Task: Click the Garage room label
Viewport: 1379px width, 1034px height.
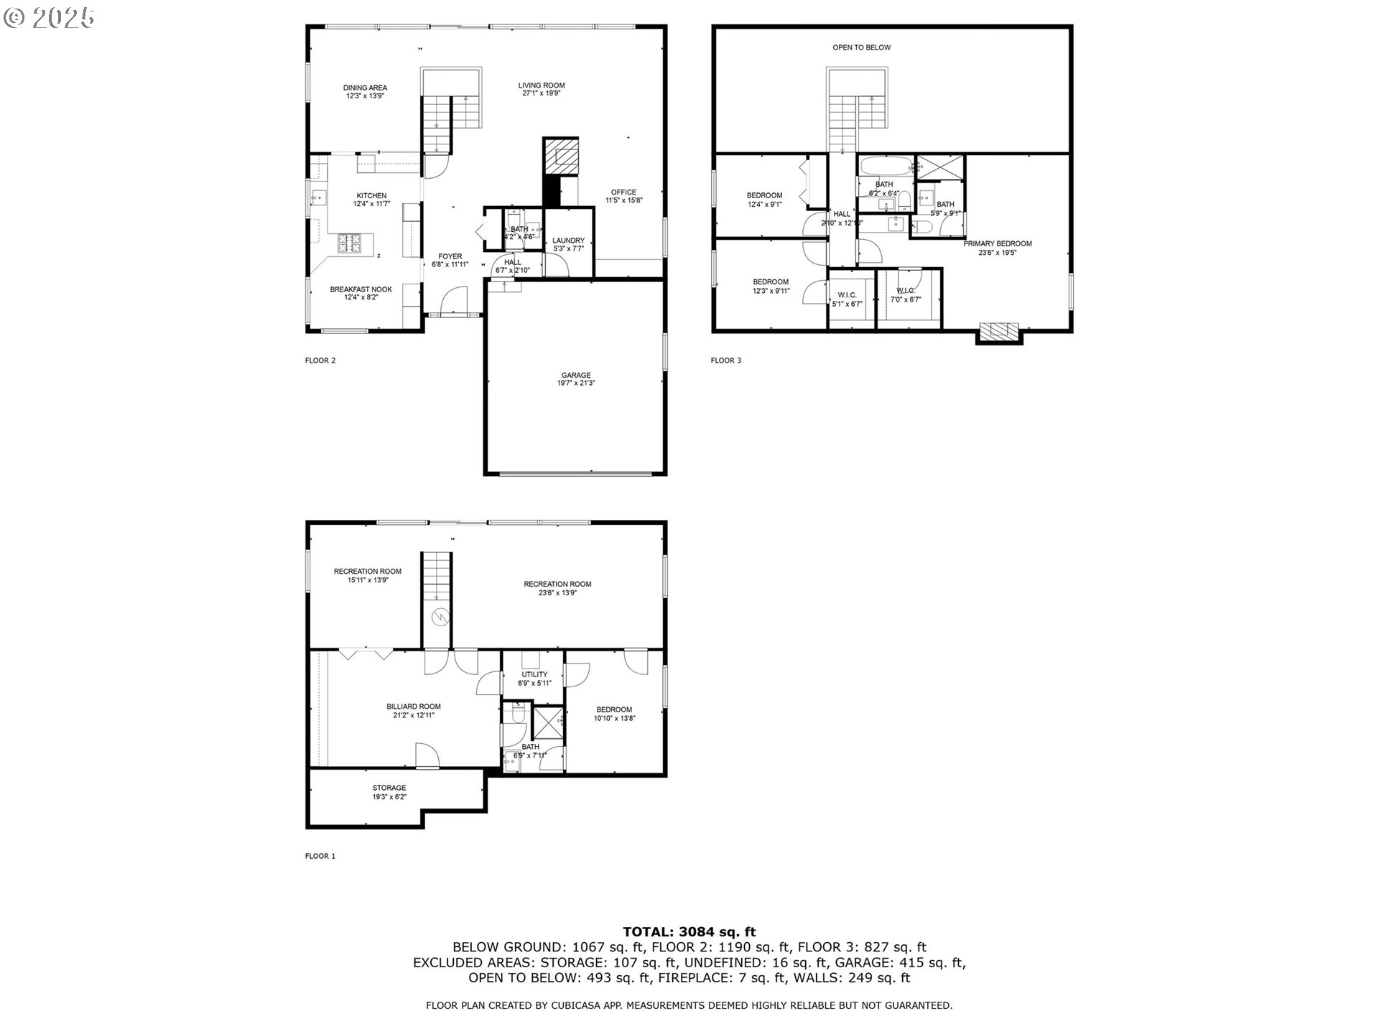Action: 575,375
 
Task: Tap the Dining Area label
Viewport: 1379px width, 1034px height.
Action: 365,88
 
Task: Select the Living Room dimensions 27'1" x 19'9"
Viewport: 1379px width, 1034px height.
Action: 542,93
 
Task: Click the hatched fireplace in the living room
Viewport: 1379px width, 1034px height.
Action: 560,154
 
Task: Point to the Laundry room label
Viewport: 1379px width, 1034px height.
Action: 568,241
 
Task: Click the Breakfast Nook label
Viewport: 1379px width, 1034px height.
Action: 361,289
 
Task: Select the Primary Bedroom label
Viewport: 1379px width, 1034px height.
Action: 997,243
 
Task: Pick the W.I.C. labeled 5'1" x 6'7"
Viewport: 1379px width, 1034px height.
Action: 847,299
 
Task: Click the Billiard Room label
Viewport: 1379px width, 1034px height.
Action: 413,707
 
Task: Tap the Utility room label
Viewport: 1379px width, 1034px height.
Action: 534,674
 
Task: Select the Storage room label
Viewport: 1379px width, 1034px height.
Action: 389,788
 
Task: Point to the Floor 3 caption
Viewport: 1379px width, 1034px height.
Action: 725,360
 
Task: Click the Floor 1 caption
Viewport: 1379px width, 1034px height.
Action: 320,856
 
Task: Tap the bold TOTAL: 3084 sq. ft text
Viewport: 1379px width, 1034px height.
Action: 689,933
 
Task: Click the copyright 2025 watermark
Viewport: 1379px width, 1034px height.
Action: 49,18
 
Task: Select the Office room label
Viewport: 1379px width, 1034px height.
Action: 623,192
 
